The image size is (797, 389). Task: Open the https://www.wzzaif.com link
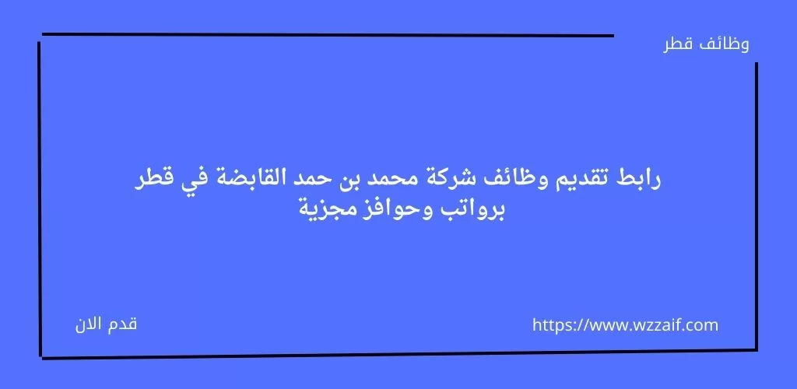click(x=625, y=325)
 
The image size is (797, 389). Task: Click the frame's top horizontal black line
click(x=328, y=35)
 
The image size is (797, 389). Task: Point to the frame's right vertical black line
click(x=757, y=206)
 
